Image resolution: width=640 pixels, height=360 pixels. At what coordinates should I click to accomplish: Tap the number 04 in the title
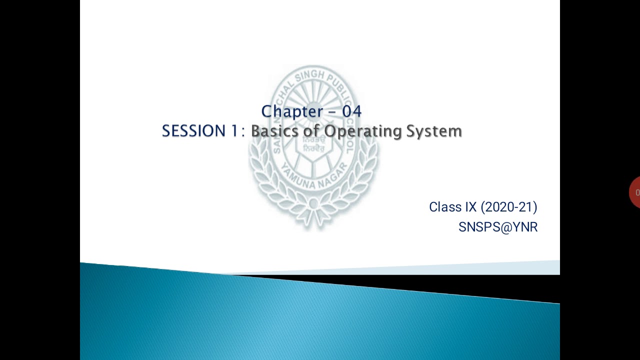pyautogui.click(x=351, y=111)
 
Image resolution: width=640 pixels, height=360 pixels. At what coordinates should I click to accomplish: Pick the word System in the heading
pyautogui.click(x=433, y=131)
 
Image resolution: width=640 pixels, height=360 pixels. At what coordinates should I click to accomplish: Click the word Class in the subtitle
pyautogui.click(x=445, y=207)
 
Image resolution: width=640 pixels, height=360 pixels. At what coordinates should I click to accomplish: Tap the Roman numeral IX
pyautogui.click(x=470, y=207)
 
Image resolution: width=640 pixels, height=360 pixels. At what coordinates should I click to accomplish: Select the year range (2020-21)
pyautogui.click(x=509, y=207)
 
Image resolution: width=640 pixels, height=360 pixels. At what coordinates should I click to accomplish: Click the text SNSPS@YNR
pyautogui.click(x=498, y=227)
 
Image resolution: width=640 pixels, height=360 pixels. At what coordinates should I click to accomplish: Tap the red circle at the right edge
pyautogui.click(x=635, y=192)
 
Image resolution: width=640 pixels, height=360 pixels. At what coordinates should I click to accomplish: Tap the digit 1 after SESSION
pyautogui.click(x=234, y=131)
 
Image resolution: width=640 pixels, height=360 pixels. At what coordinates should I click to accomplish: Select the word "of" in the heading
pyautogui.click(x=313, y=131)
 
